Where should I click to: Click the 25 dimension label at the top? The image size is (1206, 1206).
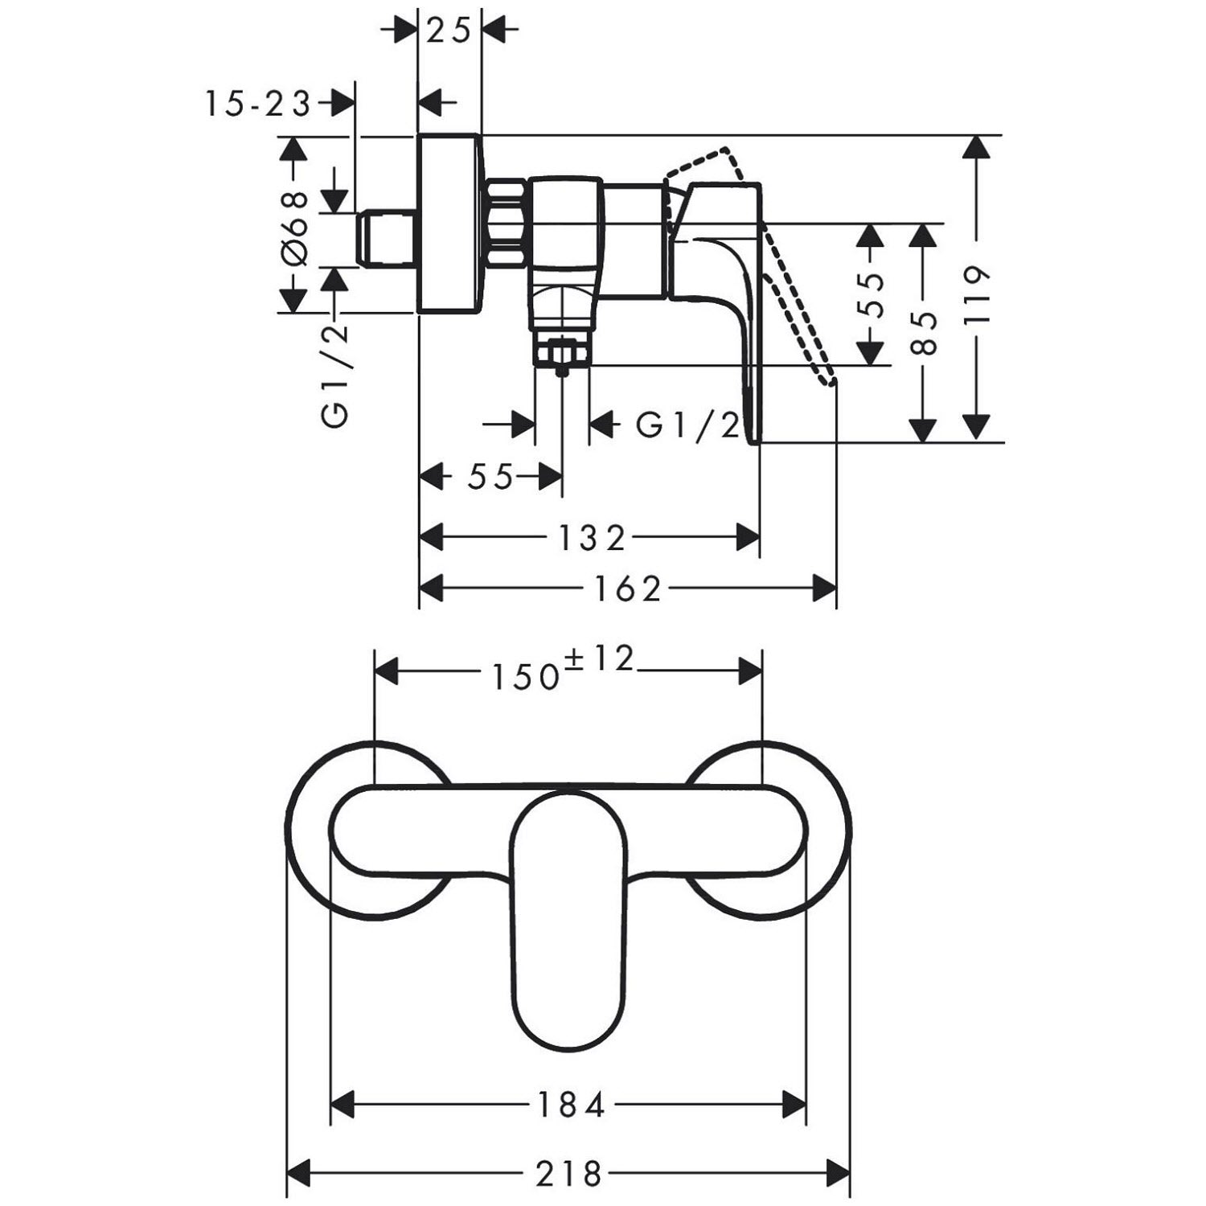[449, 31]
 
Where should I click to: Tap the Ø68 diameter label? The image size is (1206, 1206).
[294, 228]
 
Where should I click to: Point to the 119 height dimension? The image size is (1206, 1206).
[976, 297]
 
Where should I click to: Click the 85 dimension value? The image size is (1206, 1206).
[925, 333]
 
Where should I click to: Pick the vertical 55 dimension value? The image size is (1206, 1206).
[871, 295]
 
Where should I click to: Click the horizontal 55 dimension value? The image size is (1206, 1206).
[490, 477]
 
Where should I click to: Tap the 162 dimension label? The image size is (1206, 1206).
[628, 589]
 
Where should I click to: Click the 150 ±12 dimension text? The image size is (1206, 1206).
[564, 668]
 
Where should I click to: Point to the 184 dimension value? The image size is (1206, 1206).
[569, 1106]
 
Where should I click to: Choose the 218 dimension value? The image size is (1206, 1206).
[568, 1174]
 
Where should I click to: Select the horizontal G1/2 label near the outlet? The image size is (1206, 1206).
[688, 425]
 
